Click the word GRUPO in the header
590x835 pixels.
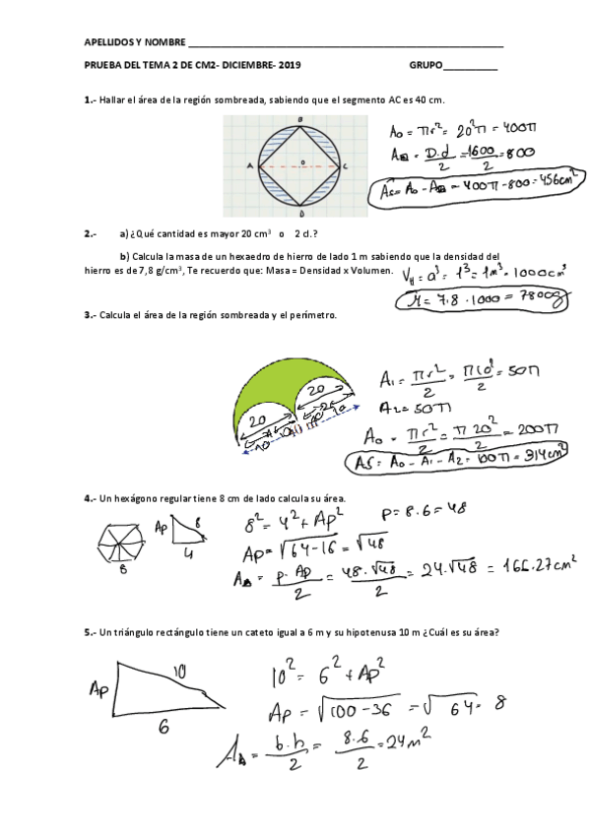tap(426, 66)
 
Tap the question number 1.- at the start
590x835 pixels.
tap(90, 100)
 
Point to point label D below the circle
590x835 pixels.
tap(301, 213)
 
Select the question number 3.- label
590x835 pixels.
tap(90, 316)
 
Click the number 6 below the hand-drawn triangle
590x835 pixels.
tap(164, 726)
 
